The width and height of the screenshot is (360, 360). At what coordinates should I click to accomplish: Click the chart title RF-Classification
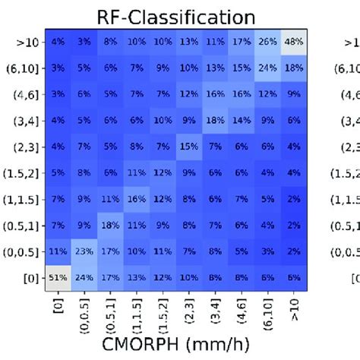[x=174, y=16]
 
